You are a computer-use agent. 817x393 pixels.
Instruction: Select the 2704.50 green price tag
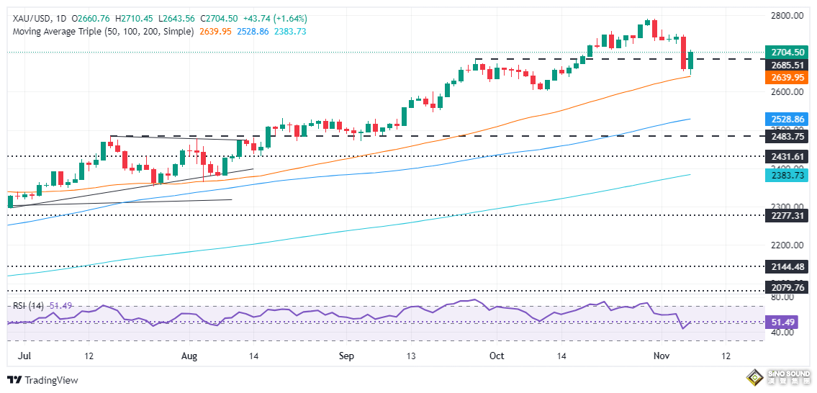click(x=787, y=52)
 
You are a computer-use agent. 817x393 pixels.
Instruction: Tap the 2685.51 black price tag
click(x=787, y=65)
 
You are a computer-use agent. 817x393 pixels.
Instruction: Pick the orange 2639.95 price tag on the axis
click(x=787, y=77)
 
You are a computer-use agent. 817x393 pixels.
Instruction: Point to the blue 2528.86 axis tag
click(x=787, y=119)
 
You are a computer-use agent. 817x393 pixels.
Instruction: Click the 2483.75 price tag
click(x=787, y=136)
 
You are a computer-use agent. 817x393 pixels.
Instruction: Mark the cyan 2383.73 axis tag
click(x=787, y=174)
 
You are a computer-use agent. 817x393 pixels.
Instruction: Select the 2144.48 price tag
click(x=787, y=266)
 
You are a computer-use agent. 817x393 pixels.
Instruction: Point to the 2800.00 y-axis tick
click(x=787, y=15)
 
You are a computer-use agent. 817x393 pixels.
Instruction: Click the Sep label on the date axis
click(x=347, y=356)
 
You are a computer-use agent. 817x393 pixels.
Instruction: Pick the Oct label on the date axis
click(x=496, y=356)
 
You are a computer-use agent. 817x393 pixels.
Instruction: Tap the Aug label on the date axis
click(x=189, y=356)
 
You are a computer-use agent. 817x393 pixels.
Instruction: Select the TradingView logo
click(x=42, y=380)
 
